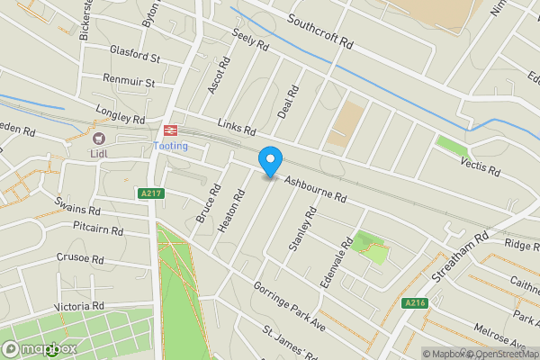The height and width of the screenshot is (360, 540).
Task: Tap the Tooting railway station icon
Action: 171,131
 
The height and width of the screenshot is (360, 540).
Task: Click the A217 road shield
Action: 149,193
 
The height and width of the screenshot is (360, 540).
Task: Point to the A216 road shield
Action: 413,302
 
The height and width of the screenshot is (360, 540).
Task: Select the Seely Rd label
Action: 251,39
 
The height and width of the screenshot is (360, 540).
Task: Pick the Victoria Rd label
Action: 79,307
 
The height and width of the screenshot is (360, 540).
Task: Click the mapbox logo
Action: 39,348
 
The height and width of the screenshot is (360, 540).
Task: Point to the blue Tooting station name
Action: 171,147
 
